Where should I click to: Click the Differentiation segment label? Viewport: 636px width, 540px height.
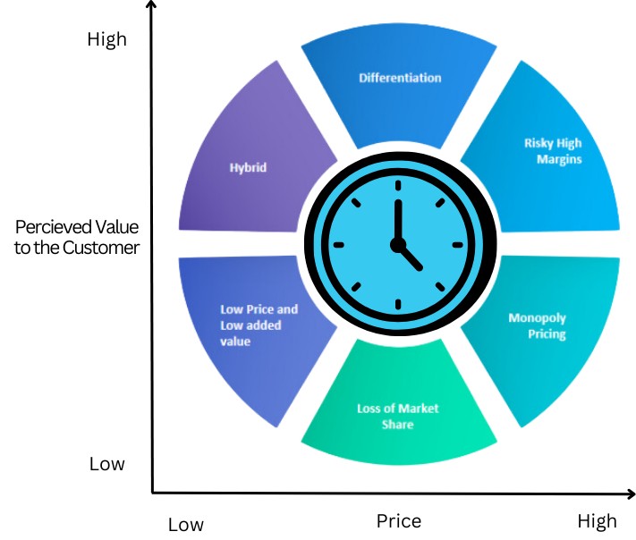(400, 78)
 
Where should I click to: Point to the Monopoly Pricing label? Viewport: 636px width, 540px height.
(537, 325)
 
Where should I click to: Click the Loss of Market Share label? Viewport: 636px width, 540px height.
(397, 416)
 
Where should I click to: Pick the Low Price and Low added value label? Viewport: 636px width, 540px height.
(259, 325)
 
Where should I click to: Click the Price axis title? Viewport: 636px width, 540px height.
(398, 520)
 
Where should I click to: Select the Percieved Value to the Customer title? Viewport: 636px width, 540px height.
(77, 237)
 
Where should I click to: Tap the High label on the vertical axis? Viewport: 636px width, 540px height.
(107, 39)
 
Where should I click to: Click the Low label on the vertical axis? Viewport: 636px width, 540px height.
(107, 464)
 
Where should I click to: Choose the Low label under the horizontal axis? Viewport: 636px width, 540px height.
(185, 524)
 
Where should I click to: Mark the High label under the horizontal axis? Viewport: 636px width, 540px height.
(597, 520)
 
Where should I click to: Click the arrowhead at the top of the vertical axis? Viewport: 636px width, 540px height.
(152, 7)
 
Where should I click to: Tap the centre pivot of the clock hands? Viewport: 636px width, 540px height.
(397, 244)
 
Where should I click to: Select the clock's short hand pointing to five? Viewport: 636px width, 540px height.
(410, 257)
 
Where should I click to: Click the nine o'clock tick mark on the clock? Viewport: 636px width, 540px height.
(338, 244)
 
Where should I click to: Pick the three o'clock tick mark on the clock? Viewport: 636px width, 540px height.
(457, 244)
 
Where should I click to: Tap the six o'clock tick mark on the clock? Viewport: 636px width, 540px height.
(397, 304)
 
